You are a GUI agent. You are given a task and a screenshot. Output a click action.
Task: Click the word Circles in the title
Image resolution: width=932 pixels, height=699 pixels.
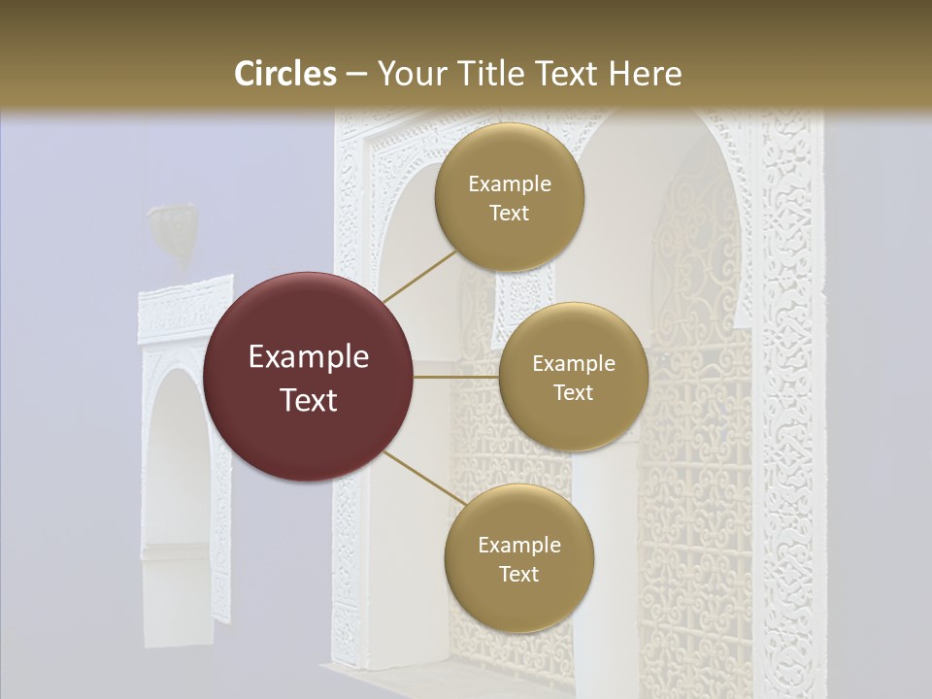tap(285, 74)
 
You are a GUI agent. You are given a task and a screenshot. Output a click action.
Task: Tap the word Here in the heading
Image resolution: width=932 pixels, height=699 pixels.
tap(646, 74)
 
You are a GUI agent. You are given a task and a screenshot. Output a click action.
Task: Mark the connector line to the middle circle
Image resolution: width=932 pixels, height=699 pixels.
tap(455, 377)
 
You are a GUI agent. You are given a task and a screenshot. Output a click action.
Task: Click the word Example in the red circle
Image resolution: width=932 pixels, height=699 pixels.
tap(309, 357)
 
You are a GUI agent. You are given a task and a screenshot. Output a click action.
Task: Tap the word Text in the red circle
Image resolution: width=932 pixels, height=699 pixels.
tap(309, 400)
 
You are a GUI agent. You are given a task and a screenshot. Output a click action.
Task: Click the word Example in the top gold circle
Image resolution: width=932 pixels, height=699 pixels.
tap(510, 184)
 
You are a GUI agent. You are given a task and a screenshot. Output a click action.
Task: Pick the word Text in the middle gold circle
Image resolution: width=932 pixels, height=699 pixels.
tap(574, 392)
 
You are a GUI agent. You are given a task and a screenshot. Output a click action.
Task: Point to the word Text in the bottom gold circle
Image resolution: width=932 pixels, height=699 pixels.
tap(518, 574)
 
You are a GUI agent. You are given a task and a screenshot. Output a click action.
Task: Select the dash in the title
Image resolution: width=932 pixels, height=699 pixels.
tap(355, 75)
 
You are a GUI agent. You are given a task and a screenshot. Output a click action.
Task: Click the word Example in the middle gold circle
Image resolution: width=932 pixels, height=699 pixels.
tap(574, 364)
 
